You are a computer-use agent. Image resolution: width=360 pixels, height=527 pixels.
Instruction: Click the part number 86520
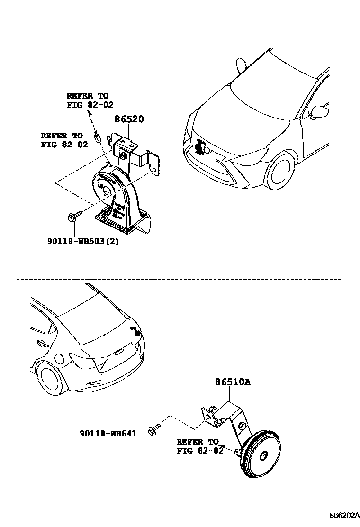[128, 119]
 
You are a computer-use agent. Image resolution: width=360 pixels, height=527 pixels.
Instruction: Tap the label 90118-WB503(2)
[82, 241]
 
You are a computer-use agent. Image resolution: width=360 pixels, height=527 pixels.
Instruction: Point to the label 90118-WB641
[108, 433]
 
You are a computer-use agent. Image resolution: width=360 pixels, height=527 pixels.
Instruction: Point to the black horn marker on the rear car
[135, 332]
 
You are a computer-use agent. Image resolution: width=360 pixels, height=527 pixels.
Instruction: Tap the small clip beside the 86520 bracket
[98, 137]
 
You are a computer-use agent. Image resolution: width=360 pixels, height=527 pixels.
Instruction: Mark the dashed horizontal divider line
[180, 280]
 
